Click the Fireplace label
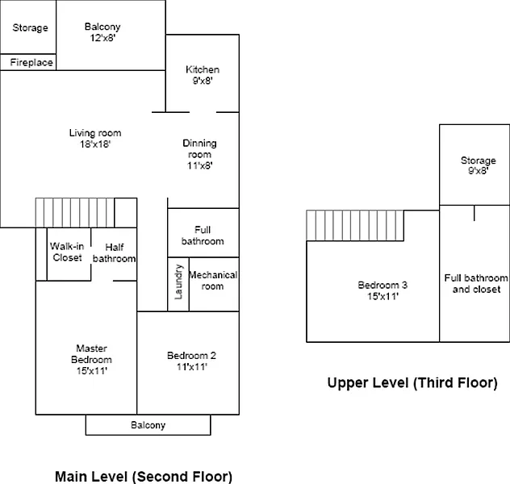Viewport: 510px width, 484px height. (32, 62)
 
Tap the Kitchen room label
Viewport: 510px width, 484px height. (202, 69)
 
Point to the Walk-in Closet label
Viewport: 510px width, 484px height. (67, 252)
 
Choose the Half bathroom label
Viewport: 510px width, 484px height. (114, 253)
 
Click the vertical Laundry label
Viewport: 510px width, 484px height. (178, 283)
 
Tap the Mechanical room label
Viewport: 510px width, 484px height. (213, 280)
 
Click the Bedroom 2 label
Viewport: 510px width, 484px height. (192, 355)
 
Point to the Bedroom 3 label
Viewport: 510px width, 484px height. (382, 285)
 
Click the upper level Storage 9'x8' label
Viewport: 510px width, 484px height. (478, 161)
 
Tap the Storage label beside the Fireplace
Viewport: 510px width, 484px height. (30, 27)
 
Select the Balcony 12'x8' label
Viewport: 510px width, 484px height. (102, 27)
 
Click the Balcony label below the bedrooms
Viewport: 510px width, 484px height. (148, 425)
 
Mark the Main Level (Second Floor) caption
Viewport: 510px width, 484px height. (143, 476)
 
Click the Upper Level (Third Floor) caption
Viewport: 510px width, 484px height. (412, 383)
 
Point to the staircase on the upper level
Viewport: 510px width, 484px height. (355, 225)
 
